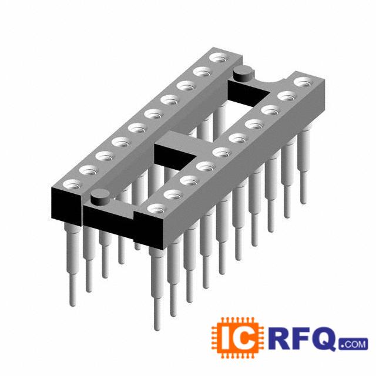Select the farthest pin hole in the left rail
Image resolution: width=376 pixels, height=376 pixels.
tap(219, 58)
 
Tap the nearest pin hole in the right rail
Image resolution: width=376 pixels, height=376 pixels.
tap(157, 209)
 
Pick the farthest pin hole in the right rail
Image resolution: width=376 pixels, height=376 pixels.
tap(304, 82)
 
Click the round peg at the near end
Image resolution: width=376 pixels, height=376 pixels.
tap(100, 196)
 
